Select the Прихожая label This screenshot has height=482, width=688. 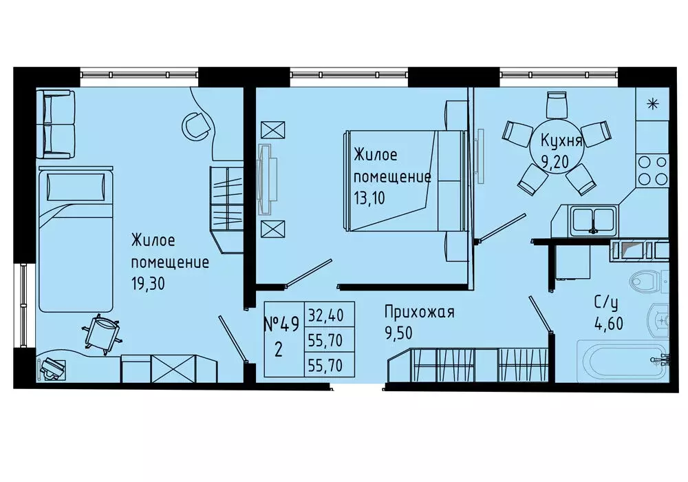[x=419, y=312]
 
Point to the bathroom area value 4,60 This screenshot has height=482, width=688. [x=609, y=323]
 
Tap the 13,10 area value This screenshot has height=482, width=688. [x=371, y=197]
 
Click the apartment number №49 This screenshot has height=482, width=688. [x=281, y=322]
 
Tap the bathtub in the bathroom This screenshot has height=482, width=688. [x=612, y=359]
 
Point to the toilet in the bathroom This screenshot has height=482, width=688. [x=647, y=282]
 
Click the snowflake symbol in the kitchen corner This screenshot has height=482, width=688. [x=652, y=105]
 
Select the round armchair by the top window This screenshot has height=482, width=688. [x=196, y=125]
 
